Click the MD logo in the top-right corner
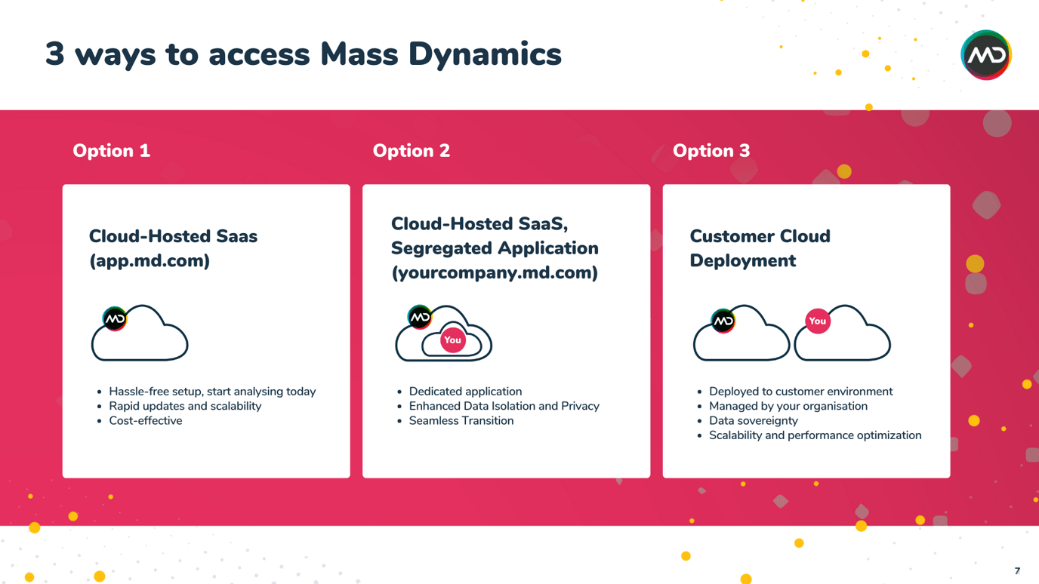tap(985, 55)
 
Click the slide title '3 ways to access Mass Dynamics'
tap(303, 54)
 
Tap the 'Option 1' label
tap(111, 151)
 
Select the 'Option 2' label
tap(411, 151)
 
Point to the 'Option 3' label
tap(711, 151)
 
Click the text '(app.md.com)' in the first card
tap(150, 261)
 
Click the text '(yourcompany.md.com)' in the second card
tap(494, 273)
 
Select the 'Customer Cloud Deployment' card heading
tap(759, 248)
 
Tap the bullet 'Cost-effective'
tap(145, 421)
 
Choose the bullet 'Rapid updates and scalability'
tap(185, 406)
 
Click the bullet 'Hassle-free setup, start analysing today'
tap(212, 392)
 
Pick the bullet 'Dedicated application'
tap(465, 392)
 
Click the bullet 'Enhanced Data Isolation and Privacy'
tap(504, 406)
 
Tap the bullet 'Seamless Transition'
tap(461, 421)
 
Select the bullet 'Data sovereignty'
tap(753, 421)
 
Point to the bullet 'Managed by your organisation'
tap(788, 406)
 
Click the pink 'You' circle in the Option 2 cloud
tap(452, 340)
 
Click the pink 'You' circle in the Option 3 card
tap(817, 321)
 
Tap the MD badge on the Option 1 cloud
tap(115, 319)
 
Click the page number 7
tap(1017, 571)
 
